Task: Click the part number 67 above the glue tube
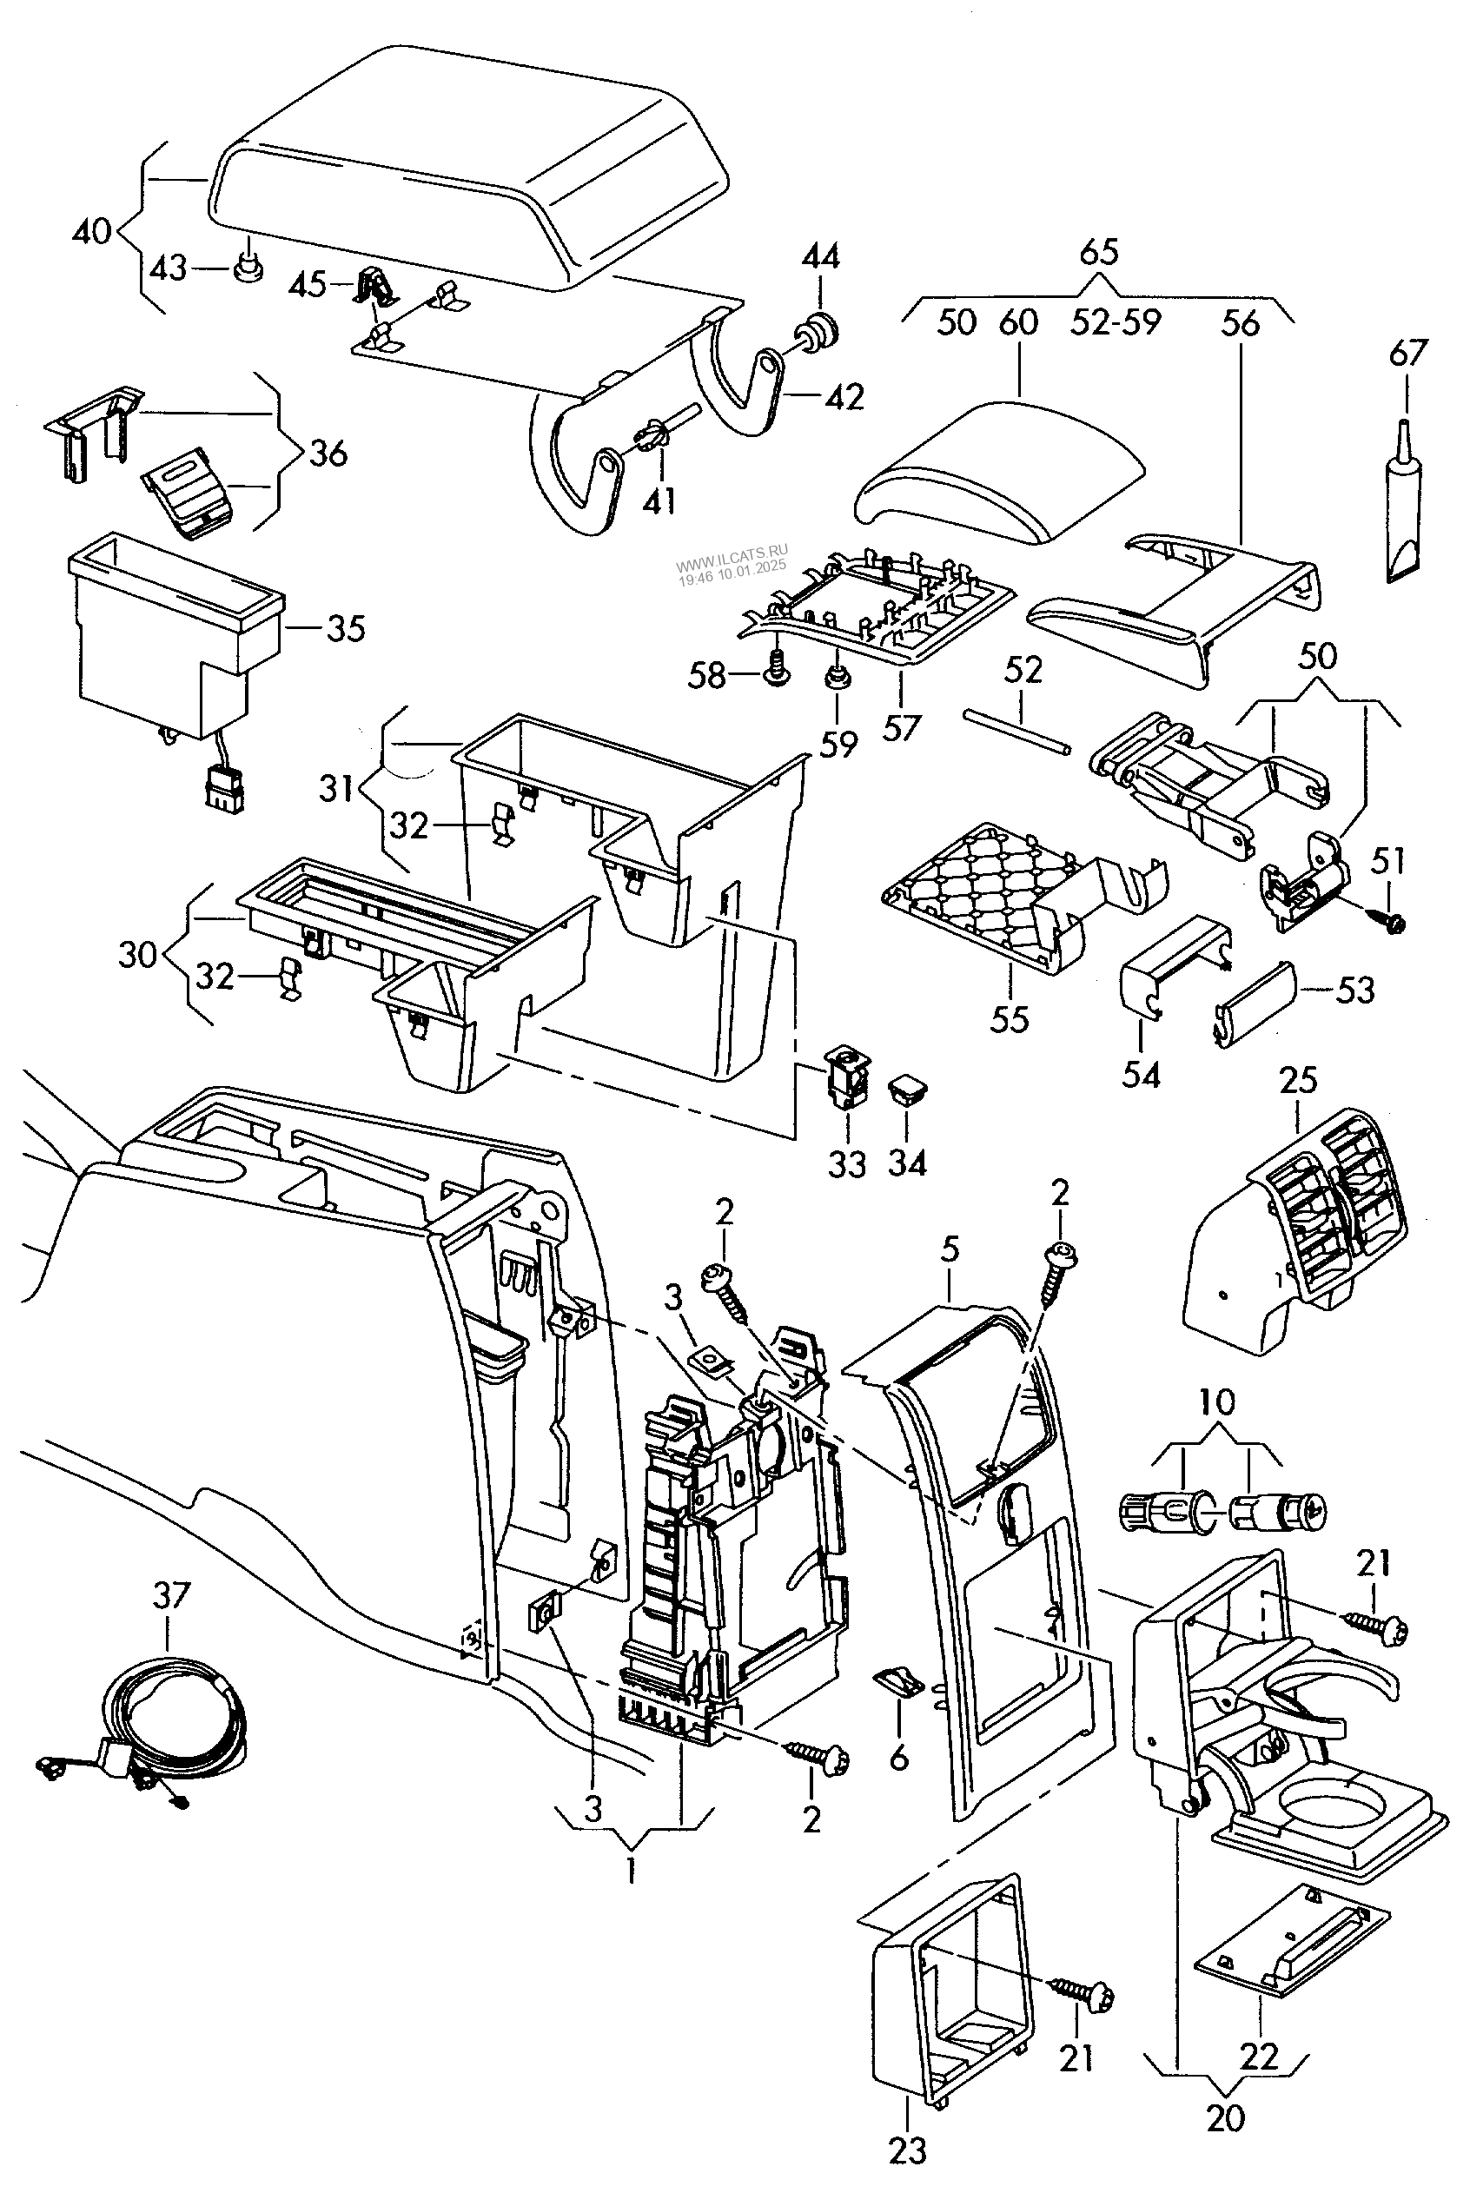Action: pyautogui.click(x=1407, y=354)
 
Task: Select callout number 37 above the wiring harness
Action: pyautogui.click(x=170, y=1595)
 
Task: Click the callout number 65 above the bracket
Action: pyautogui.click(x=1099, y=252)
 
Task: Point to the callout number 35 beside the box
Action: pyautogui.click(x=345, y=629)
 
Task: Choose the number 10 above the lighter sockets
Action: pyautogui.click(x=1216, y=1402)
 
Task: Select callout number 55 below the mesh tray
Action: pyautogui.click(x=1010, y=1019)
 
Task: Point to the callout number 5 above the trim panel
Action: pyautogui.click(x=950, y=1249)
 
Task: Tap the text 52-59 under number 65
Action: pyautogui.click(x=1116, y=321)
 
